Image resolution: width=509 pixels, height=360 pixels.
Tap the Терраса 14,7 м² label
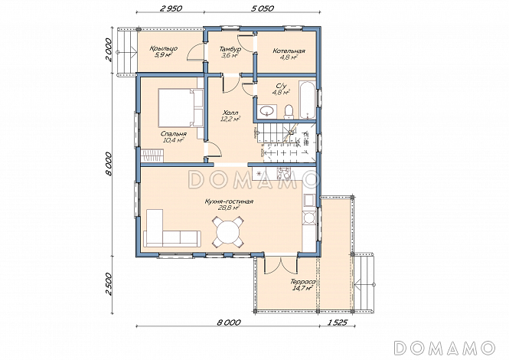pyautogui.click(x=302, y=284)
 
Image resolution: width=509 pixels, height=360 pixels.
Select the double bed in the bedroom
pyautogui.click(x=180, y=107)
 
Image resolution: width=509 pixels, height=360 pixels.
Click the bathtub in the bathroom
pyautogui.click(x=308, y=100)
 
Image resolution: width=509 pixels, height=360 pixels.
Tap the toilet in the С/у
pyautogui.click(x=288, y=112)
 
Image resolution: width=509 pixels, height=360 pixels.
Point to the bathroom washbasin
pyautogui.click(x=267, y=110)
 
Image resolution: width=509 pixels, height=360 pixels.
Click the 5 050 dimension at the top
pyautogui.click(x=263, y=8)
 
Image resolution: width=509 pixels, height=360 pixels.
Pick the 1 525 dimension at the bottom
pyautogui.click(x=338, y=322)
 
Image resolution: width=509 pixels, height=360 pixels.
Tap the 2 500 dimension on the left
pyautogui.click(x=109, y=284)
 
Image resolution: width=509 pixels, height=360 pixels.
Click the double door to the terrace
pyautogui.click(x=280, y=265)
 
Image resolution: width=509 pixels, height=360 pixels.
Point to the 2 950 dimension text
pyautogui.click(x=170, y=8)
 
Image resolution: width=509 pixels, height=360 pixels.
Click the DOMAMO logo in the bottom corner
pyautogui.click(x=445, y=348)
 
